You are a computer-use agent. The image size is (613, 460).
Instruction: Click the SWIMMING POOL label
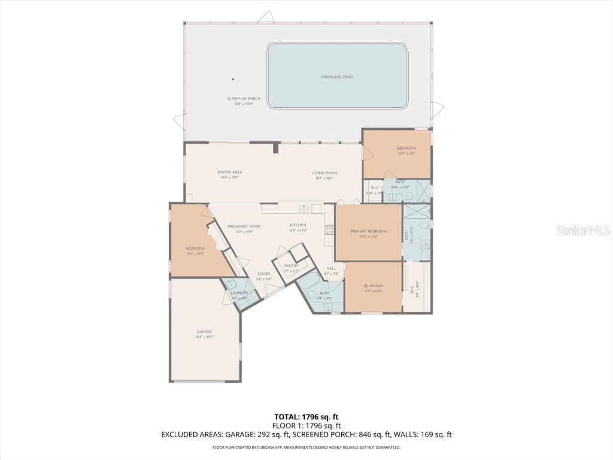coord(337,77)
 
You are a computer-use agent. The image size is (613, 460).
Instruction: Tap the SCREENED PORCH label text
coord(244,98)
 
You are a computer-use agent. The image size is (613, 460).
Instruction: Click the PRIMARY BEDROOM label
coord(368,231)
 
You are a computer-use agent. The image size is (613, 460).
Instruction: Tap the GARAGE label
coord(204,331)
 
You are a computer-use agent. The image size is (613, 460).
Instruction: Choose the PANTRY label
coord(292,265)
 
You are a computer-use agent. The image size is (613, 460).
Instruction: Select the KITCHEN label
coord(298,225)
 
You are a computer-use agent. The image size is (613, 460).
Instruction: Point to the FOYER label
coord(264,274)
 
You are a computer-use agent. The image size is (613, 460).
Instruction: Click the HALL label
coord(331,268)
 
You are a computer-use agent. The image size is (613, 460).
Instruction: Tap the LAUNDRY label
coord(239,293)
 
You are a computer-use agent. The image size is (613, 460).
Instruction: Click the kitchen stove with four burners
coord(329,229)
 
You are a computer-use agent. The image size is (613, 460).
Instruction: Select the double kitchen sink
coord(304,209)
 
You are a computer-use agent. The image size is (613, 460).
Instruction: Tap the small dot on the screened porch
coord(233,79)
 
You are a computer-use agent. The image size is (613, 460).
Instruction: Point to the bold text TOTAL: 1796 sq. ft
coord(308,417)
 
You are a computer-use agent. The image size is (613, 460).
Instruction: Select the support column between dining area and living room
coord(276,147)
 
